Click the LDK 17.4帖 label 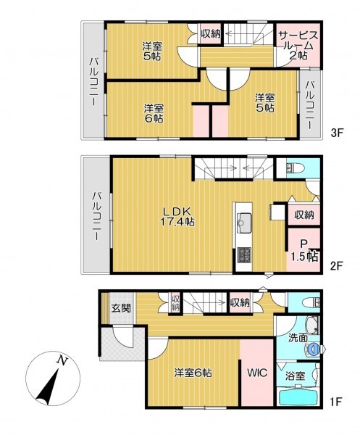click(177, 217)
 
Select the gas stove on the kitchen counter click(244, 254)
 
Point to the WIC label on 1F click(257, 373)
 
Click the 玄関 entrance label click(121, 308)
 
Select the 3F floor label click(337, 133)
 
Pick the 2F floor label click(337, 266)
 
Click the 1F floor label click(337, 402)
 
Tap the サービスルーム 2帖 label click(298, 46)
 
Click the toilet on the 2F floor click(295, 168)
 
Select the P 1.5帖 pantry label click(304, 251)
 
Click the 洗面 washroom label click(298, 338)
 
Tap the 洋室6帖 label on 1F click(193, 373)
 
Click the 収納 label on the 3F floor click(211, 34)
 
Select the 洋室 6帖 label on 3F click(154, 114)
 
